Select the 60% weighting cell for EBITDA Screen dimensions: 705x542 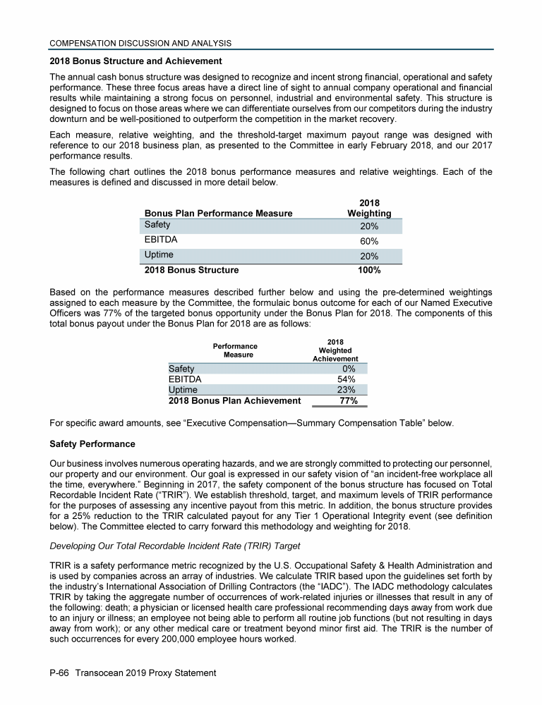pos(369,241)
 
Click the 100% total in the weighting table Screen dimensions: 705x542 pos(369,270)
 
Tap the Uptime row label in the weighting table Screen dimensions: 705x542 pos(159,255)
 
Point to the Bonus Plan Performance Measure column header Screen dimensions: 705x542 pos(218,213)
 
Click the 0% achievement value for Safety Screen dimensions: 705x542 pos(348,369)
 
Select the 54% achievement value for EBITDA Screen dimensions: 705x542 pos(346,379)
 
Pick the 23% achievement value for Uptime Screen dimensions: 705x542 pos(346,390)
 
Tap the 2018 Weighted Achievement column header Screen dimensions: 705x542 pos(335,350)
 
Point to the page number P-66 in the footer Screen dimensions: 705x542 pos(62,673)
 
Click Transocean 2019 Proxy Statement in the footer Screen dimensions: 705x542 pos(147,673)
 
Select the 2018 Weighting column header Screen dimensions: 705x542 pos(369,208)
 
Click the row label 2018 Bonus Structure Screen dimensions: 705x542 pos(191,270)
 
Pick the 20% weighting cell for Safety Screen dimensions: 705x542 pos(369,226)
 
